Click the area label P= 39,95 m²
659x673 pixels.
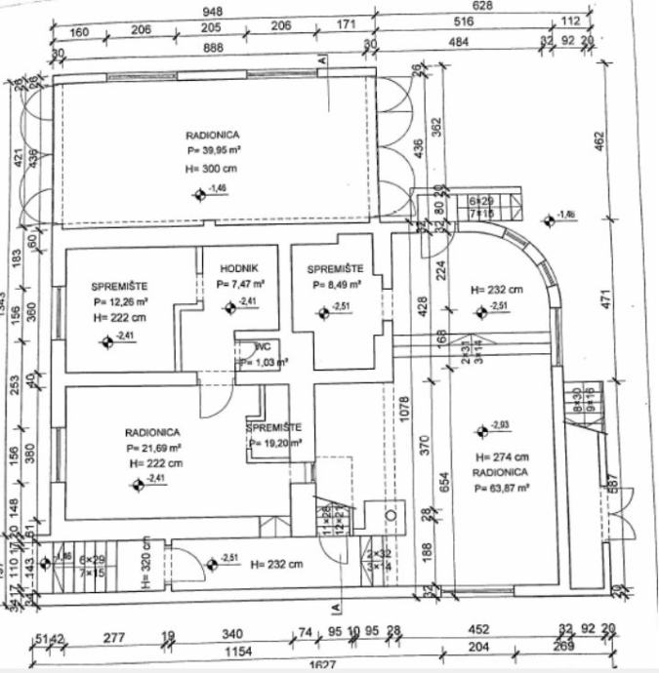pyautogui.click(x=214, y=152)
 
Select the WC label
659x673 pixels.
pyautogui.click(x=263, y=347)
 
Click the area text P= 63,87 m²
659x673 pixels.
pyautogui.click(x=500, y=486)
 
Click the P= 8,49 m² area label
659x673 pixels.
pyautogui.click(x=337, y=286)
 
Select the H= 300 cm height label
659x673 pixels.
pyautogui.click(x=211, y=169)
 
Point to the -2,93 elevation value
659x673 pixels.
pyautogui.click(x=501, y=424)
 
